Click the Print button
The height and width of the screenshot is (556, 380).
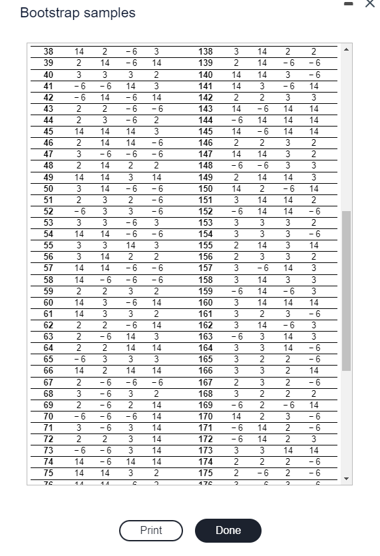pos(151,531)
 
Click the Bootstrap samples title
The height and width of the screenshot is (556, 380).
pos(78,13)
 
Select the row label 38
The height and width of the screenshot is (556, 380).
pos(48,51)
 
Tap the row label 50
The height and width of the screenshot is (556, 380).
pos(48,188)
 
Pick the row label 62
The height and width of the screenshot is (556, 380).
pos(48,325)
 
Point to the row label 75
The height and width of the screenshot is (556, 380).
pos(48,473)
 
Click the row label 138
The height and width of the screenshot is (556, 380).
pos(206,51)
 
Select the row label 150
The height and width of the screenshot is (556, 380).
pos(206,188)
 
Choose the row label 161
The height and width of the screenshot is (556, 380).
pos(206,314)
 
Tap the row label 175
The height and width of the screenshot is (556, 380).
pos(206,473)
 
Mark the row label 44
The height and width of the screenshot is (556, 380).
pos(48,120)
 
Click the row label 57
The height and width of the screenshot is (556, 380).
pos(48,268)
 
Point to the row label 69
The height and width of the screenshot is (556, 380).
pos(48,404)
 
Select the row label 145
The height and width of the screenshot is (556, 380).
pos(206,131)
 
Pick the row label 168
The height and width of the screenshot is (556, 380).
pos(206,393)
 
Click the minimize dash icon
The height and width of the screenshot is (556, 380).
pos(351,5)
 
